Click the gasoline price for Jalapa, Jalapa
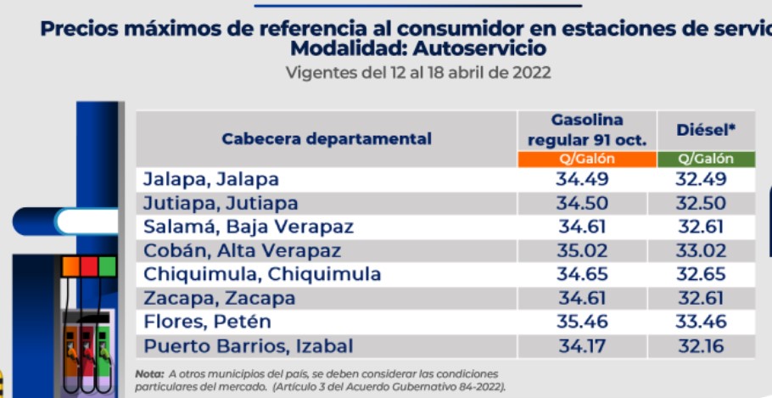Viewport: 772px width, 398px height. [x=583, y=179]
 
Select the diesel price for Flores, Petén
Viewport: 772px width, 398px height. [x=701, y=322]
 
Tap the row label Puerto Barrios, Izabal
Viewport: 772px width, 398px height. [x=248, y=346]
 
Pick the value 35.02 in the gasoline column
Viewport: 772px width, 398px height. [x=583, y=250]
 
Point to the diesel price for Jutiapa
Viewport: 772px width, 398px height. [x=701, y=203]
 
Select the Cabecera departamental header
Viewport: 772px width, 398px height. [x=327, y=139]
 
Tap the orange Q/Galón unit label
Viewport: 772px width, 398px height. [x=586, y=159]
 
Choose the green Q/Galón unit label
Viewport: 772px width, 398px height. [x=706, y=159]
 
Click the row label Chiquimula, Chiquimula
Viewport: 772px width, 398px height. [x=262, y=274]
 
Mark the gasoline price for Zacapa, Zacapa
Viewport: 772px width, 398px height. [x=583, y=299]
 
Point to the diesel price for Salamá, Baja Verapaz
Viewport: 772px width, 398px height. [x=701, y=227]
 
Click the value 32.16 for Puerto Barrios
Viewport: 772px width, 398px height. [x=701, y=346]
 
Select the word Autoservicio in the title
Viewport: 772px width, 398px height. [x=480, y=48]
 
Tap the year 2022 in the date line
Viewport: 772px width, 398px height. [x=531, y=73]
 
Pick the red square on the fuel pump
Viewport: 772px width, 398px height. [x=89, y=266]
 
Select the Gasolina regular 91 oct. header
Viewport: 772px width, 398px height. [x=587, y=130]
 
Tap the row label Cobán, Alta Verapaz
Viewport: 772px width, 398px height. [x=242, y=250]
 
